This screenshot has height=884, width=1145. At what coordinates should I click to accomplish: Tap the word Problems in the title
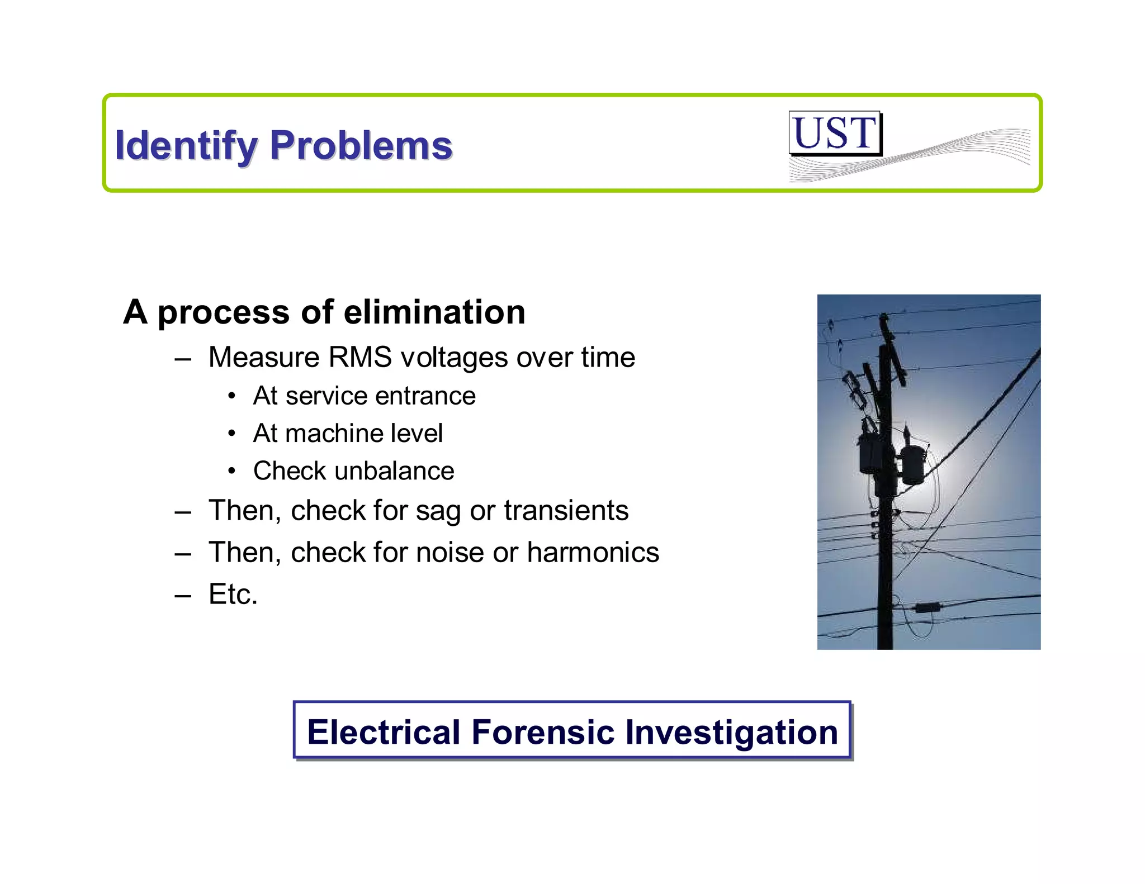click(x=361, y=146)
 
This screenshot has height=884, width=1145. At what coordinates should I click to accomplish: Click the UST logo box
click(x=835, y=133)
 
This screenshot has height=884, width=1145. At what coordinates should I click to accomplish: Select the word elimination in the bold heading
click(x=434, y=312)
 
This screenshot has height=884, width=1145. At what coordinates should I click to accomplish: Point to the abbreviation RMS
click(x=361, y=357)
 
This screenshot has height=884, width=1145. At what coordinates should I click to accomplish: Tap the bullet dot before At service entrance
click(x=232, y=396)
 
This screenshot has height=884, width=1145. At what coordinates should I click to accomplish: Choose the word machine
click(x=334, y=434)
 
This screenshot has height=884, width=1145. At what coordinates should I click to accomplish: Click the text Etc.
click(x=233, y=594)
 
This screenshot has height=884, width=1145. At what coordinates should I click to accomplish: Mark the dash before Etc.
click(x=182, y=596)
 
